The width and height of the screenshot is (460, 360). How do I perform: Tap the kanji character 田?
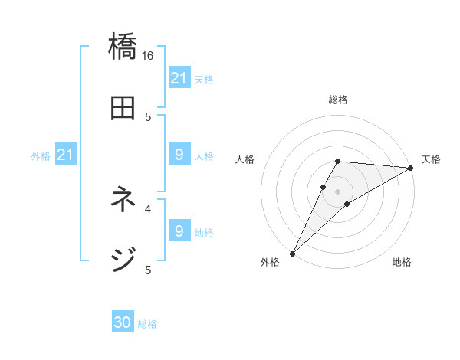pyautogui.click(x=123, y=108)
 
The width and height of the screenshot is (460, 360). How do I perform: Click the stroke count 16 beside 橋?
pyautogui.click(x=148, y=55)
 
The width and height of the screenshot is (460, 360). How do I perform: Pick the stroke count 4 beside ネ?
pyautogui.click(x=148, y=208)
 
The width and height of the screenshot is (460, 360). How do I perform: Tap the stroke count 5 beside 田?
pyautogui.click(x=148, y=116)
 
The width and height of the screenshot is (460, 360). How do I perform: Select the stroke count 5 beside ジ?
pyautogui.click(x=148, y=269)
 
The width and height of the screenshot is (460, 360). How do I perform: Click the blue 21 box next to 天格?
pyautogui.click(x=179, y=78)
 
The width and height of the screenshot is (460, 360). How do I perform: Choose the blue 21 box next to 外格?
pyautogui.click(x=66, y=155)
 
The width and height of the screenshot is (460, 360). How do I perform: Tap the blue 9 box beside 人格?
pyautogui.click(x=179, y=155)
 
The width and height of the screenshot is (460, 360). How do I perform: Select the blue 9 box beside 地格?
pyautogui.click(x=179, y=231)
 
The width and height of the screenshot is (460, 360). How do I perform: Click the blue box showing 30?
pyautogui.click(x=123, y=323)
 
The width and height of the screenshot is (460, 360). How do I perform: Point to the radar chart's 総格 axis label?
pyautogui.click(x=338, y=100)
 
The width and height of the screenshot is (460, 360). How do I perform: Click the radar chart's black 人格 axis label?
pyautogui.click(x=245, y=159)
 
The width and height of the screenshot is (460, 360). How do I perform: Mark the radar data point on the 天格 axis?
pyautogui.click(x=411, y=168)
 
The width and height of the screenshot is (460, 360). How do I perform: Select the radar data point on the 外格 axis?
pyautogui.click(x=292, y=253)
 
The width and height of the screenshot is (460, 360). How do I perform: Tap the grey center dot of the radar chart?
pyautogui.click(x=338, y=191)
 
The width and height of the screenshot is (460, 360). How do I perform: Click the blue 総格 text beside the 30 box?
pyautogui.click(x=147, y=324)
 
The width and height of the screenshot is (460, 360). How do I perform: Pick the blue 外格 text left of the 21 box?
pyautogui.click(x=41, y=156)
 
